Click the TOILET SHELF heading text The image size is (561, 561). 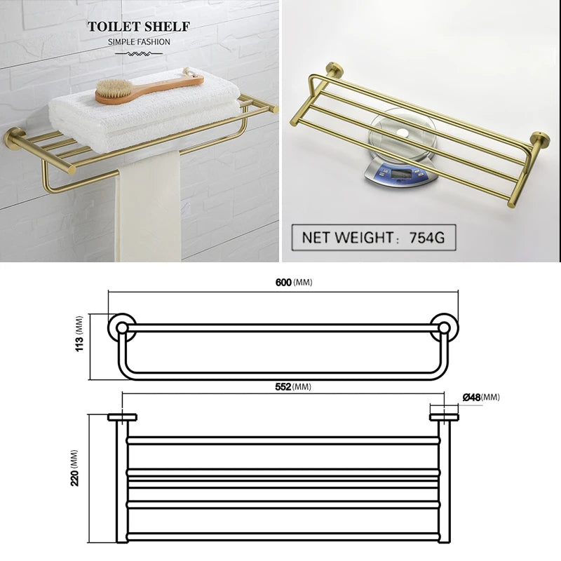(x=139, y=27)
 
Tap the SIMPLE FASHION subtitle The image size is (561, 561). (x=139, y=42)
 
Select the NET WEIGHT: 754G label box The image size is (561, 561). (x=373, y=237)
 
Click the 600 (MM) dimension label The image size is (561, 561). (x=293, y=282)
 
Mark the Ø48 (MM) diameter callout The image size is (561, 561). (x=481, y=397)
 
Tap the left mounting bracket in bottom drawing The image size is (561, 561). (x=122, y=419)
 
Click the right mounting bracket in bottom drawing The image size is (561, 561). (x=444, y=419)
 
